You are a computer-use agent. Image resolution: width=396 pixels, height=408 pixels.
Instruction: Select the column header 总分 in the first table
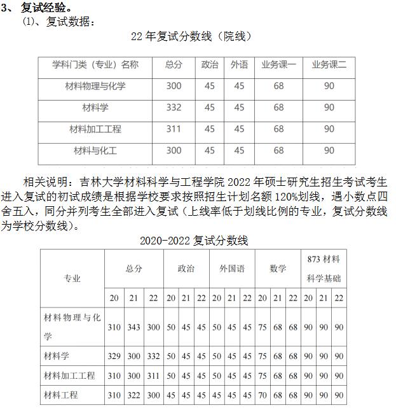tap(174, 65)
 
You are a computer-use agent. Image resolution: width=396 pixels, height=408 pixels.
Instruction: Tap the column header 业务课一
tap(278, 65)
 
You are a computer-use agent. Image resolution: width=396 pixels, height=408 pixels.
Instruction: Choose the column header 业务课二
tap(329, 65)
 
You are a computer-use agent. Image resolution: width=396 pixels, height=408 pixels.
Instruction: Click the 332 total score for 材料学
tap(174, 108)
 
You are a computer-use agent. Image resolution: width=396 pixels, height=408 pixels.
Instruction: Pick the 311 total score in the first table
tap(174, 129)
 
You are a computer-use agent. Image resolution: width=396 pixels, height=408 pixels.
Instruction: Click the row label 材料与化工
tap(95, 151)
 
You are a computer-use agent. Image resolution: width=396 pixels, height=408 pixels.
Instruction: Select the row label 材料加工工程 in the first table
tap(95, 129)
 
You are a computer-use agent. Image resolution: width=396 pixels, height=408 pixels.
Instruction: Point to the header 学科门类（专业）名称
tap(95, 65)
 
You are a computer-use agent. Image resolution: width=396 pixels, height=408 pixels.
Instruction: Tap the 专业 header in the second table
tap(72, 278)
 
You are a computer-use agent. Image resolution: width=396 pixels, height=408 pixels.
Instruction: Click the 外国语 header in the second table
tap(232, 269)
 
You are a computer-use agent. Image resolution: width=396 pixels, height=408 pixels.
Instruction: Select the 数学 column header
tap(278, 269)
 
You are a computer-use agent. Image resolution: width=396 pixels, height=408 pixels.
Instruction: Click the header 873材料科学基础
tap(324, 269)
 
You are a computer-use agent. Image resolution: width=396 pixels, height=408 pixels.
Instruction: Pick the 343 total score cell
tap(133, 327)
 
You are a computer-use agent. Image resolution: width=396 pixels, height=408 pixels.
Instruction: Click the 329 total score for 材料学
tap(114, 356)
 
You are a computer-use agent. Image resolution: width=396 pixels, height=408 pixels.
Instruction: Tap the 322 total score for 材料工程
tap(133, 395)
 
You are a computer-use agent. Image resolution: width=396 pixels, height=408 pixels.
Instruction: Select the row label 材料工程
tap(61, 395)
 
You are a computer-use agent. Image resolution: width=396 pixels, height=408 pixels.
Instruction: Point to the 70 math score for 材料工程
tap(263, 395)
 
